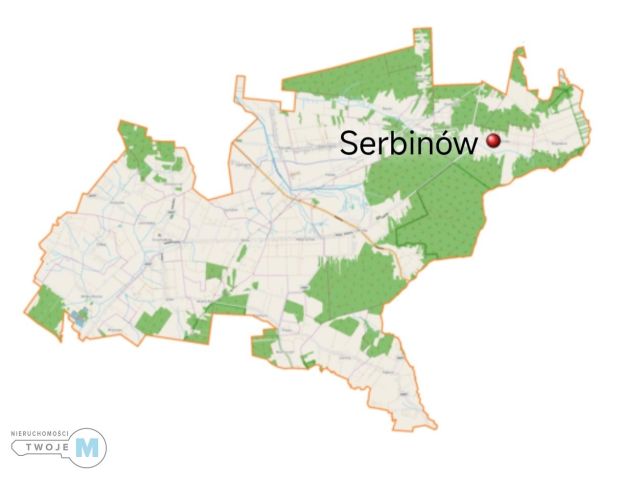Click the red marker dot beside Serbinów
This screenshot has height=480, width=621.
[492, 141]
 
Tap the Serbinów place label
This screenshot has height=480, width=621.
[408, 143]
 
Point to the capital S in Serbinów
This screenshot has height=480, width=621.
[349, 143]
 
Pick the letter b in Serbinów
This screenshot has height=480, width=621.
[393, 142]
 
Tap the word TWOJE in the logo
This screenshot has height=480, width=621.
[52, 447]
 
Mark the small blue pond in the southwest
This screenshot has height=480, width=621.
[77, 316]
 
